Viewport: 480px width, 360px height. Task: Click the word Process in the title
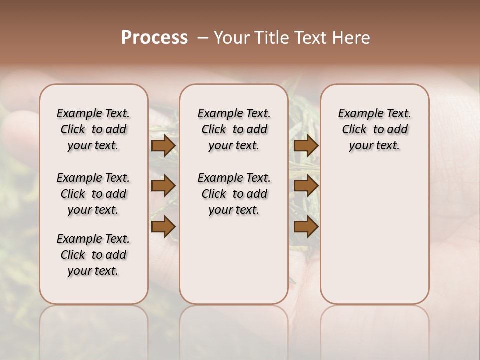point(154,38)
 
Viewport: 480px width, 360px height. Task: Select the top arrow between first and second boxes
point(163,146)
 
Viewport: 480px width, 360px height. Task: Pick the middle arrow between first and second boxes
point(163,186)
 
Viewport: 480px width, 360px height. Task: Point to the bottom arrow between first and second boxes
point(163,227)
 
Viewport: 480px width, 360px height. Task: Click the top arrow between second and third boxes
point(306,146)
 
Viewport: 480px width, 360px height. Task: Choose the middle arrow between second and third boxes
point(306,186)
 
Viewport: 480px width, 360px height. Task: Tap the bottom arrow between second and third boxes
point(306,227)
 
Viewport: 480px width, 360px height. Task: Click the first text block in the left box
point(93,129)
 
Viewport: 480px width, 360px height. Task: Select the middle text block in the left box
point(93,194)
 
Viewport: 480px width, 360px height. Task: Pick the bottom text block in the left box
point(93,255)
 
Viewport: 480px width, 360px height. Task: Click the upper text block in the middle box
point(234,129)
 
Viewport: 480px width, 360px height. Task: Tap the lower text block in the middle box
point(234,194)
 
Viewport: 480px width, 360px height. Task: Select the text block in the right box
point(374,129)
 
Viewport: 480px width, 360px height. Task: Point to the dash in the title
point(203,38)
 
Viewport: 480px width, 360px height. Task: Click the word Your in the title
point(231,38)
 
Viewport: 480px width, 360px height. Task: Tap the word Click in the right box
point(354,130)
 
